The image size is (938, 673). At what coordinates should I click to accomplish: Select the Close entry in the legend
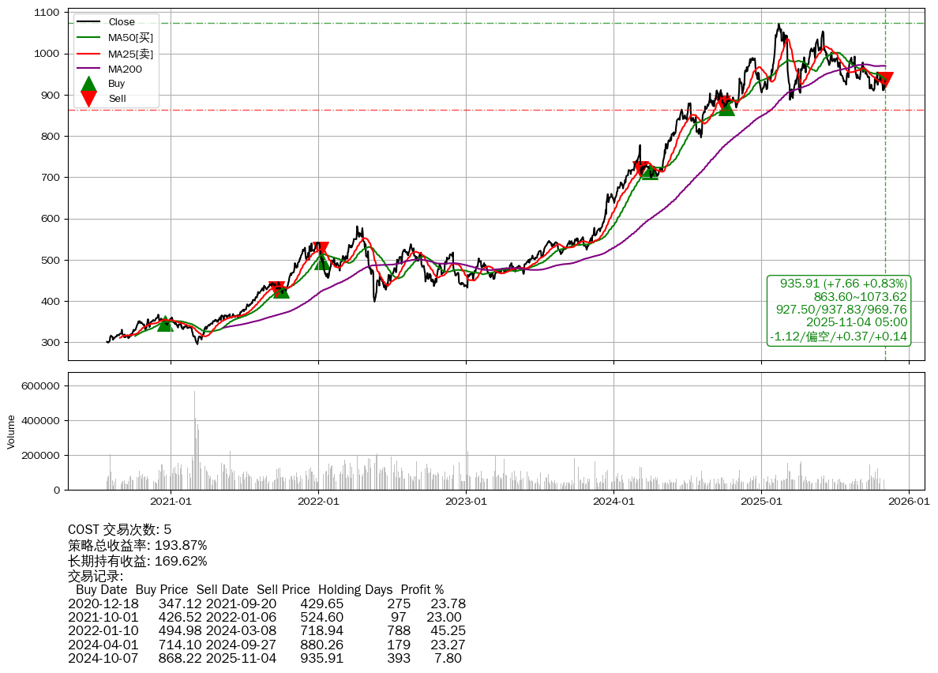click(122, 22)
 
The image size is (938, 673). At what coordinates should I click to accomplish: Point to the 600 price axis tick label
click(50, 219)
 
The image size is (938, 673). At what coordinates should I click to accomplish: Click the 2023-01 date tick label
click(466, 502)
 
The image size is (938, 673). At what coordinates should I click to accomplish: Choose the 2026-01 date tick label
click(909, 502)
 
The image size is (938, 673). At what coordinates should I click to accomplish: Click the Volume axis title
click(11, 431)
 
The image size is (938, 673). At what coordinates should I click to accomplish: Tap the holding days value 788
click(399, 630)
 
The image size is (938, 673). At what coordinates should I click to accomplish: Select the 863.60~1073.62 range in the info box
click(861, 296)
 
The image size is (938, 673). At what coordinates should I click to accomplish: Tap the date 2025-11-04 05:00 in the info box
click(857, 322)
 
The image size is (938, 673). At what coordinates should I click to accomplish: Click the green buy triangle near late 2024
click(726, 107)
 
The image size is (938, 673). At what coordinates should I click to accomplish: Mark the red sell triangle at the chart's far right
click(885, 80)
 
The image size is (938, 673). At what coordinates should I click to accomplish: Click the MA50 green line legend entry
click(130, 37)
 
